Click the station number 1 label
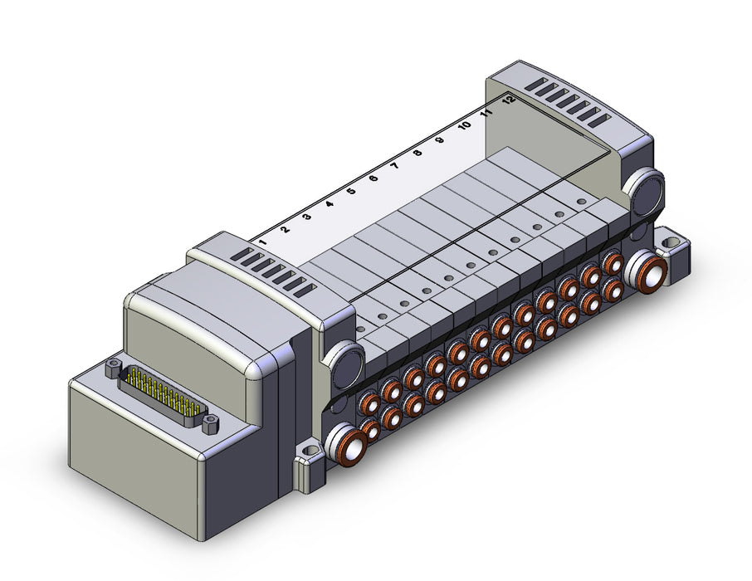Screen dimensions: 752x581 tap(261, 242)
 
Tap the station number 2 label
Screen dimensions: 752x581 tap(285, 229)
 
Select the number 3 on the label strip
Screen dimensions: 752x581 tap(307, 217)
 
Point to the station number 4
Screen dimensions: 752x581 tap(330, 204)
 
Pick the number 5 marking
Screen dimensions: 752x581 tap(352, 191)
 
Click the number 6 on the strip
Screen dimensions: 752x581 tap(374, 178)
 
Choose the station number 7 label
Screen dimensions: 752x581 tap(396, 166)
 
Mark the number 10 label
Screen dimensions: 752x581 tap(464, 125)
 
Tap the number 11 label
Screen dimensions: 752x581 tap(486, 113)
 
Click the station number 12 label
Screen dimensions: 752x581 tap(509, 100)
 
